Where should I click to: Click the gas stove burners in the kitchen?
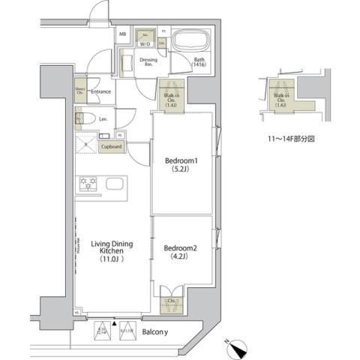tap(88, 182)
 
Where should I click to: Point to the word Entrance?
tap(101, 92)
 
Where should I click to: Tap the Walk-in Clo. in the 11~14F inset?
tap(281, 97)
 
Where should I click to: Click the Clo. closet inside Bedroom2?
tap(171, 301)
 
